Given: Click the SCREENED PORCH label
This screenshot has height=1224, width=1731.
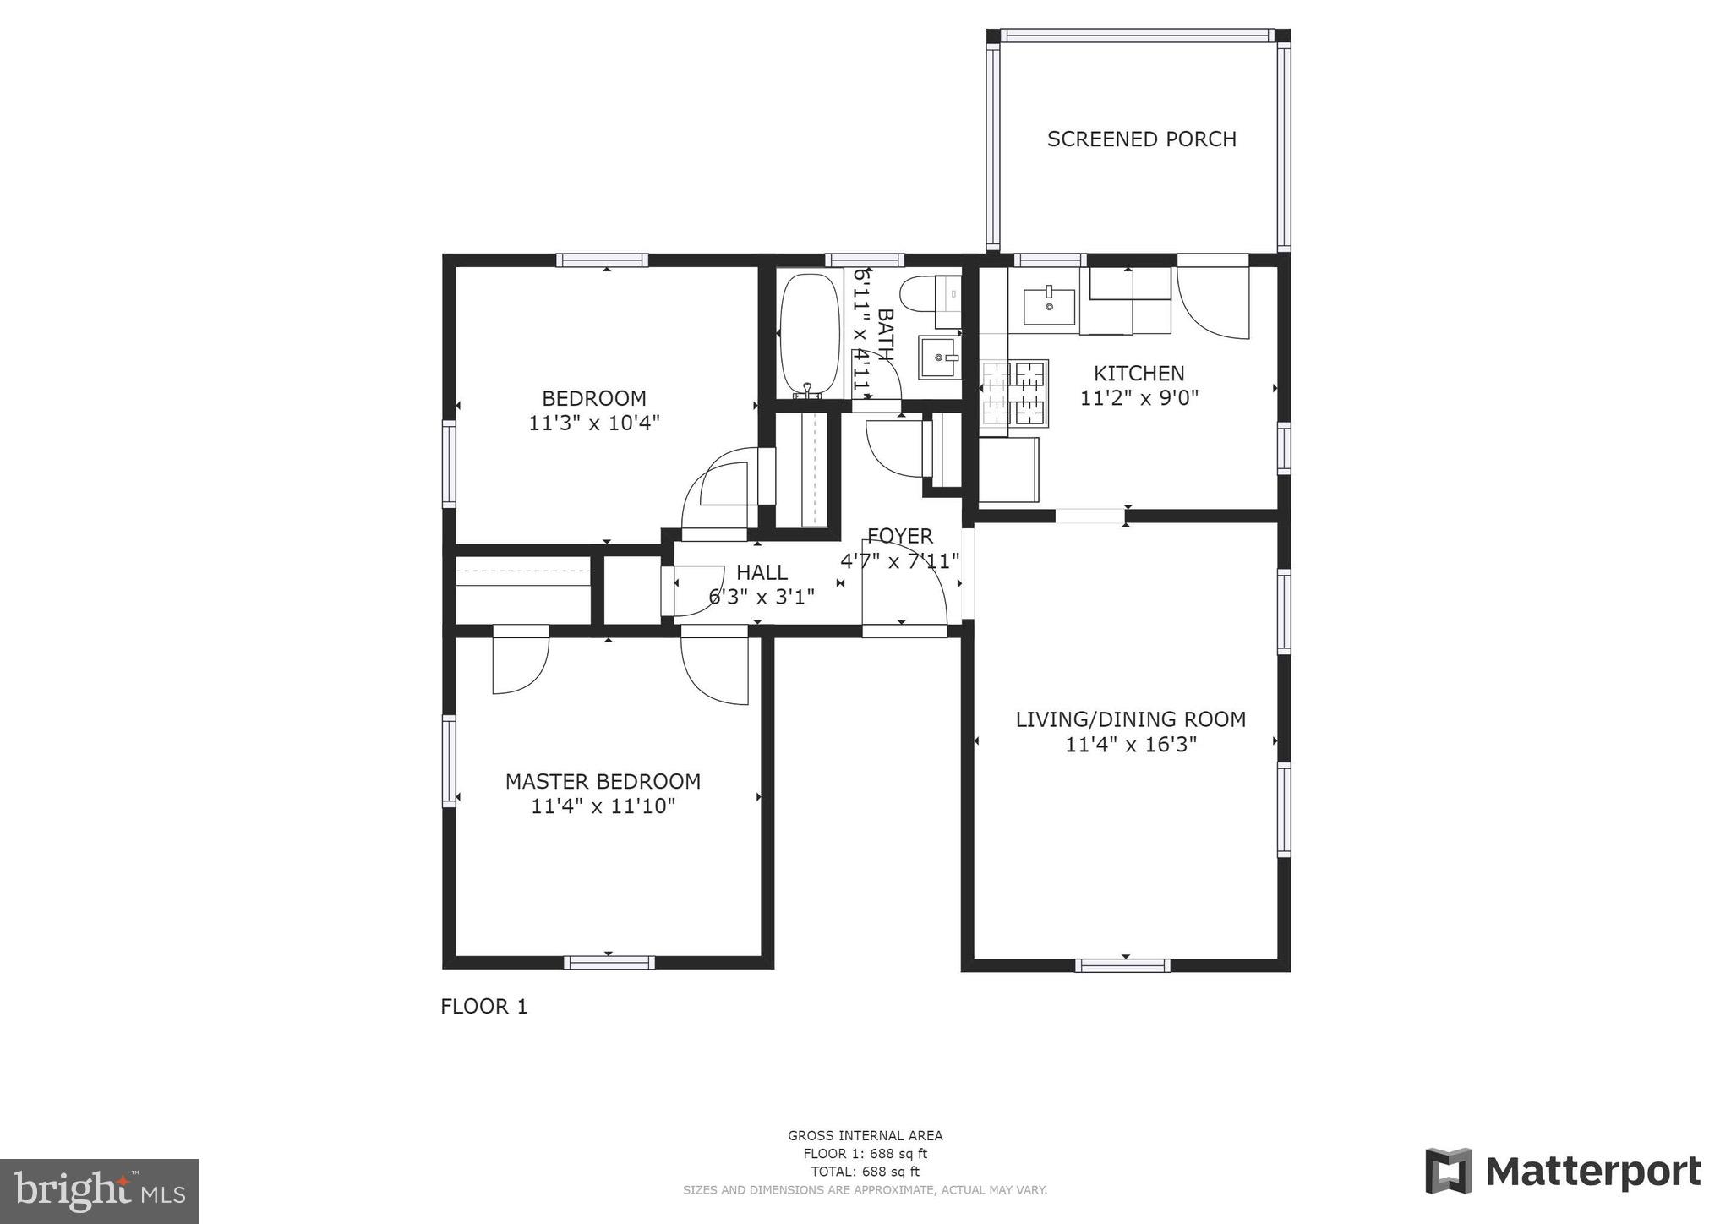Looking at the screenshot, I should pyautogui.click(x=1141, y=139).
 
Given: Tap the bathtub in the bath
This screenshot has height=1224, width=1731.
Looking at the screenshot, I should pyautogui.click(x=810, y=334).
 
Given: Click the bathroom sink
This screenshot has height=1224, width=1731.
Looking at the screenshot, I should pyautogui.click(x=940, y=357).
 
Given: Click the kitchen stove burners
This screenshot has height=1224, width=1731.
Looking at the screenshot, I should pyautogui.click(x=1014, y=392).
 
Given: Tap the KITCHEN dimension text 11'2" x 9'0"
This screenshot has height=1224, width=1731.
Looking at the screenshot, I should pyautogui.click(x=1139, y=397).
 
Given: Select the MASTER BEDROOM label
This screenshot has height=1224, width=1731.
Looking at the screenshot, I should pyautogui.click(x=603, y=781).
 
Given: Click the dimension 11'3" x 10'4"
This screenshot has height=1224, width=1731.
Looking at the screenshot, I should pyautogui.click(x=593, y=423).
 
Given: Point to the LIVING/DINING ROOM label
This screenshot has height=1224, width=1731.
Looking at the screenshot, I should pyautogui.click(x=1130, y=719).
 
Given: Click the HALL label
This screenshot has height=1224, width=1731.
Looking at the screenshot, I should pyautogui.click(x=762, y=572).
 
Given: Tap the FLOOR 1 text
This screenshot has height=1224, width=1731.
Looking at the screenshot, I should pyautogui.click(x=483, y=1006).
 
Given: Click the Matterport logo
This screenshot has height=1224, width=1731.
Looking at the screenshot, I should pyautogui.click(x=1563, y=1172).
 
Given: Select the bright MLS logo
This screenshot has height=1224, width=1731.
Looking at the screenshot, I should pyautogui.click(x=99, y=1191).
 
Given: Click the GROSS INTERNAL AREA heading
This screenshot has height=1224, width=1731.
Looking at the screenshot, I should pyautogui.click(x=865, y=1135).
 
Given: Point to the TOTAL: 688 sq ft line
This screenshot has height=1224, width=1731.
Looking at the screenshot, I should pyautogui.click(x=865, y=1172).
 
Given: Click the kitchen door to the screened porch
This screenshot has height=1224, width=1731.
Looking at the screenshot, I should pyautogui.click(x=1213, y=300).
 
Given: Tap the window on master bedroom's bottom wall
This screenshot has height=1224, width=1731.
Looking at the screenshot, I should pyautogui.click(x=609, y=962).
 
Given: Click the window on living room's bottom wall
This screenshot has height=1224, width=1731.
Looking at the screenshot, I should pyautogui.click(x=1122, y=965).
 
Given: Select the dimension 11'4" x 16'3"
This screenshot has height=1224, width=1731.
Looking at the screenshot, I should pyautogui.click(x=1130, y=745).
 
